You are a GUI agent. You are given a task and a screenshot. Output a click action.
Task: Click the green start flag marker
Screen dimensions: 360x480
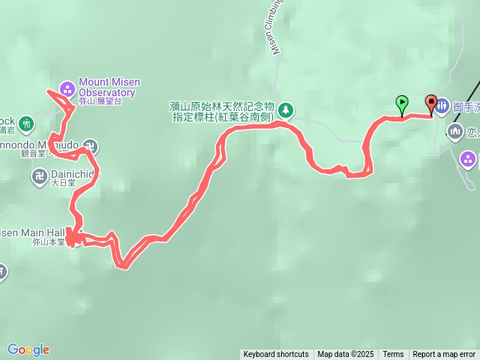pos(402,103)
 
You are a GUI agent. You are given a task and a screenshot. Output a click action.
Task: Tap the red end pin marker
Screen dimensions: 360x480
pos(431,103)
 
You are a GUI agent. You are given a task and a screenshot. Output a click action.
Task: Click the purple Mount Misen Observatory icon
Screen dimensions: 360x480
pos(67,88)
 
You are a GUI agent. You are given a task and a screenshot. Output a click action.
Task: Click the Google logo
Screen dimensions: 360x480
pos(28,349)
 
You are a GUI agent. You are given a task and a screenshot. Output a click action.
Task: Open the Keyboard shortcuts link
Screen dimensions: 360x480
pos(275,355)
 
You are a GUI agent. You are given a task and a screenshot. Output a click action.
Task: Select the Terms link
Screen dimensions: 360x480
pos(393,355)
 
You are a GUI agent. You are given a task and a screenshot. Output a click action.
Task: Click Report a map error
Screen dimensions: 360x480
pos(444,355)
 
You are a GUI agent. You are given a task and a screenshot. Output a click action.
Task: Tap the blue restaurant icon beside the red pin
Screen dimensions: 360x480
pos(442,107)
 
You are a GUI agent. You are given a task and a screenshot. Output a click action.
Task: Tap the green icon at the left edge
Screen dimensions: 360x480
pos(27,122)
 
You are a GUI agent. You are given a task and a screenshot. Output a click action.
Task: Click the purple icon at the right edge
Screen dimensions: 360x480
pos(469,159)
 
